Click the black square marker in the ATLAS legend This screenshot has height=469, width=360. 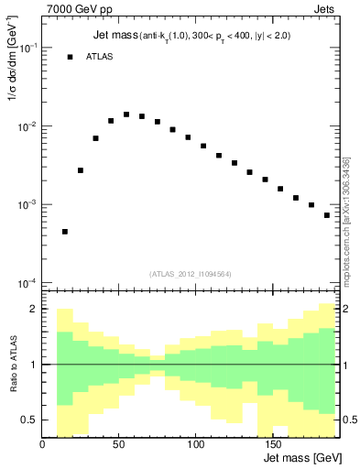point(70,57)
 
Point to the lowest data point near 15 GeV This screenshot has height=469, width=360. point(65,232)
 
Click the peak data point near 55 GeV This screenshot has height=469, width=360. point(126,115)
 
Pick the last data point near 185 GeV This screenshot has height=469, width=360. point(327,215)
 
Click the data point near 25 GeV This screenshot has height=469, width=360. point(81,170)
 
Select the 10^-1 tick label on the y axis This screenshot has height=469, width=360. point(27,49)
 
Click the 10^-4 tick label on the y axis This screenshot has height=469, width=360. point(27,283)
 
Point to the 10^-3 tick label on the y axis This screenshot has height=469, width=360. point(27,205)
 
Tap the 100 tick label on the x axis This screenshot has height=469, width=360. point(195,445)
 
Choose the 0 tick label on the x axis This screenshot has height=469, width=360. point(42,445)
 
